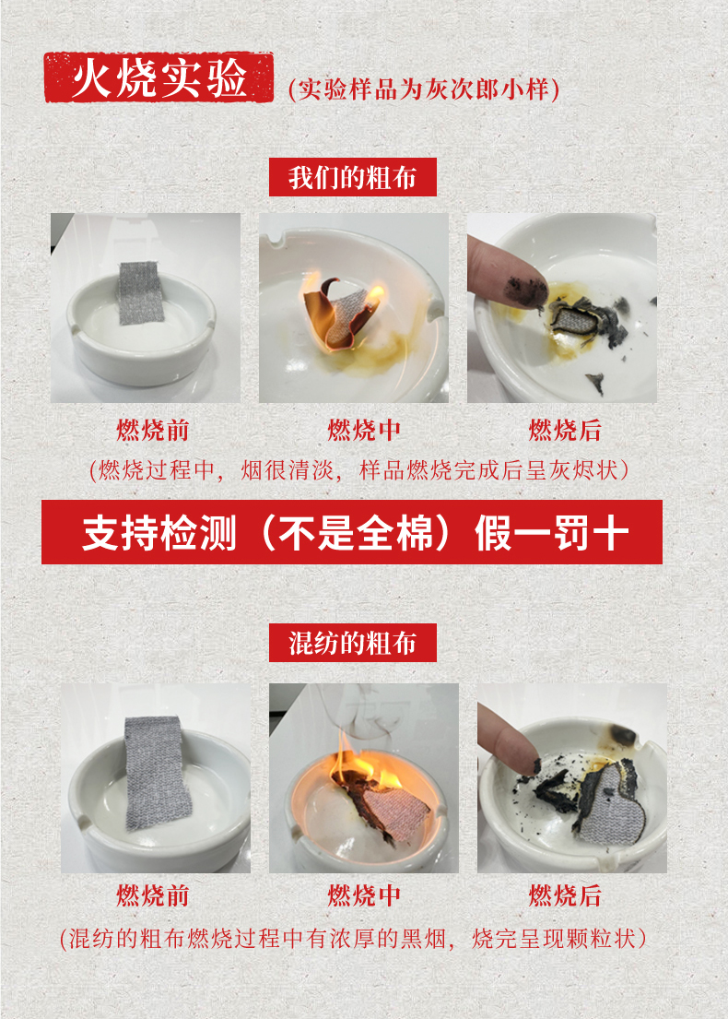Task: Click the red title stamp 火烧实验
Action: click(x=159, y=77)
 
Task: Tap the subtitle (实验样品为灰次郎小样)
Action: click(x=423, y=89)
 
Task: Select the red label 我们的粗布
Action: click(x=353, y=177)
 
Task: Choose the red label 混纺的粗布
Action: click(x=353, y=643)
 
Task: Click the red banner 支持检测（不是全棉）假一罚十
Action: click(x=352, y=532)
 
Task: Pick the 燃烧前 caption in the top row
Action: click(x=153, y=431)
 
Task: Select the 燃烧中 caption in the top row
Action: click(x=364, y=431)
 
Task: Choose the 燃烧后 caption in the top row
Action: click(x=565, y=431)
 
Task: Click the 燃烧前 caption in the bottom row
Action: click(x=153, y=895)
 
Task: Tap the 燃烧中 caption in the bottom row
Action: click(x=364, y=895)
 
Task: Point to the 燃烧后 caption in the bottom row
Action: click(x=565, y=895)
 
